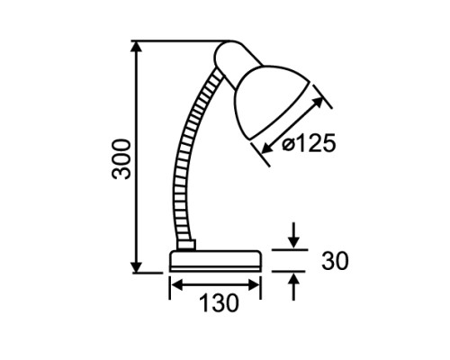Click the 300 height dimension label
click(x=121, y=159)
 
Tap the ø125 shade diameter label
click(x=309, y=143)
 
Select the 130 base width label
click(x=219, y=303)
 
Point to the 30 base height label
click(x=335, y=260)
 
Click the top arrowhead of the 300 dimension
click(x=137, y=47)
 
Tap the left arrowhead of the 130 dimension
click(x=178, y=285)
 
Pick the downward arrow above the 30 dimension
click(x=293, y=236)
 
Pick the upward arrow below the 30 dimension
click(x=293, y=287)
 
